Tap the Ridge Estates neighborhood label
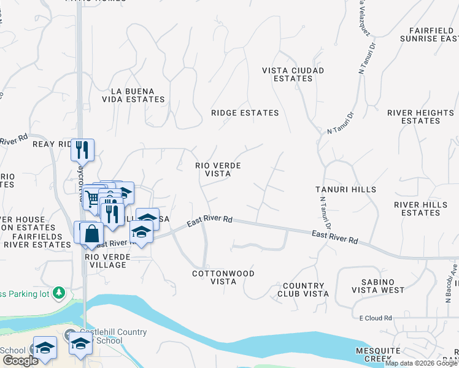point(245,113)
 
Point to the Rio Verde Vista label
point(217,170)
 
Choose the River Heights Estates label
point(420,117)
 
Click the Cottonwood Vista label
point(223,277)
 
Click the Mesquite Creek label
point(378,355)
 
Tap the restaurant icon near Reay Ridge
point(82,149)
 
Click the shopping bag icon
point(91,233)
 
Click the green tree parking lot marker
point(59,292)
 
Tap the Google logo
point(20,361)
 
